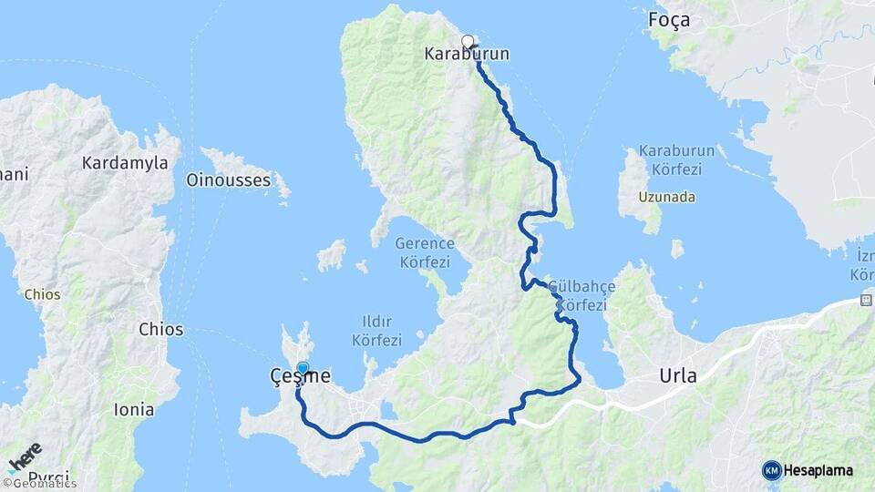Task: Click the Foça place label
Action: point(668,20)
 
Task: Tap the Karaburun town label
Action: point(467,55)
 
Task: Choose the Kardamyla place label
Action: point(125,163)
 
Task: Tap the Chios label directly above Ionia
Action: point(160,330)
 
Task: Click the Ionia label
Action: point(134,410)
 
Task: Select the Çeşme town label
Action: point(300,376)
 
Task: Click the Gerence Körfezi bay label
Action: point(424,252)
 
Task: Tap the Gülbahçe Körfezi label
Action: point(583,296)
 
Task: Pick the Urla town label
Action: point(678,376)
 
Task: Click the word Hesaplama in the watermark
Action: point(818,471)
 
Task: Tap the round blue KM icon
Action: point(772,471)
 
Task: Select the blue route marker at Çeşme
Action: point(303,368)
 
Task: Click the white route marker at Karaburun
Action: point(468,41)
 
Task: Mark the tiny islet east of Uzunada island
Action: point(677,248)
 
